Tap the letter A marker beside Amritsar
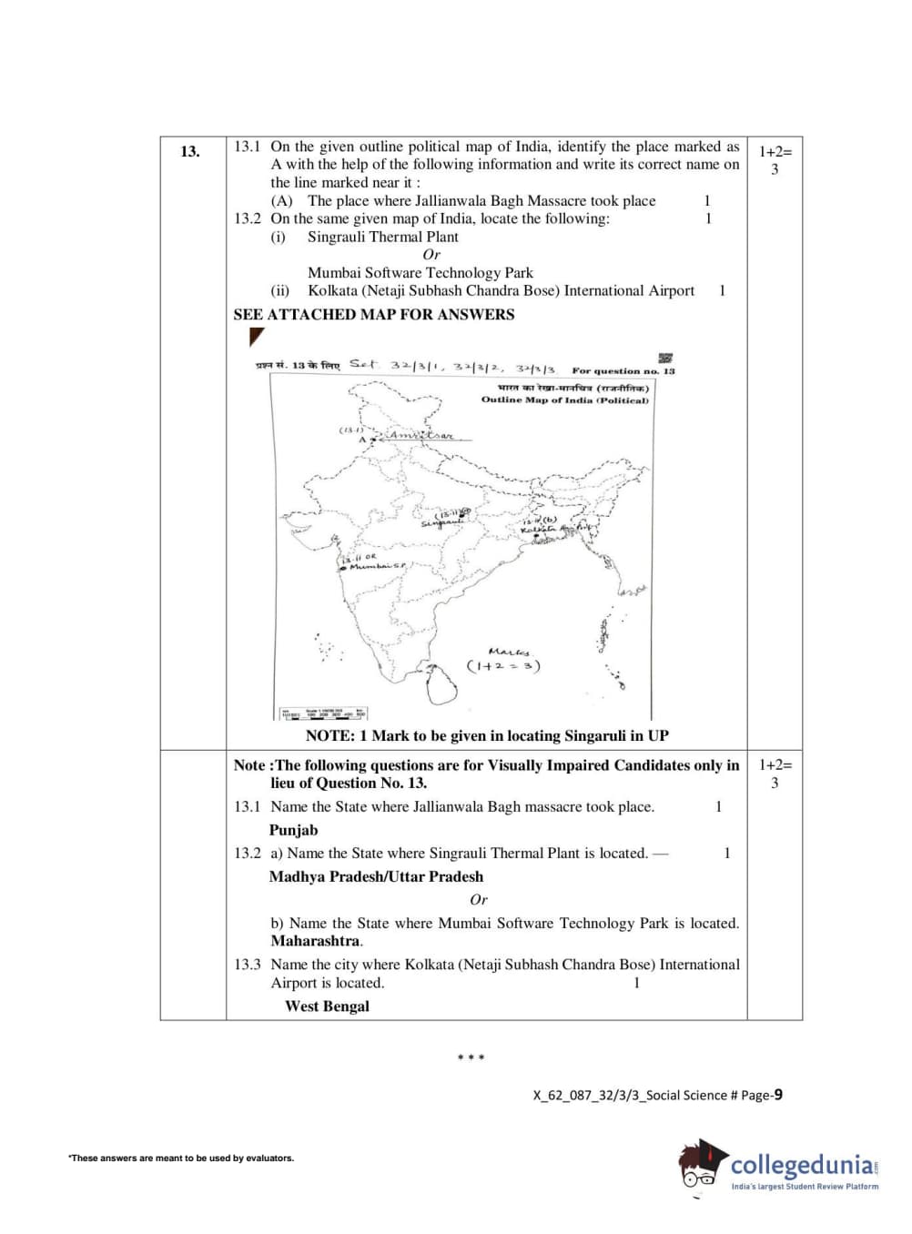click(361, 440)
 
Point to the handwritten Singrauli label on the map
click(441, 523)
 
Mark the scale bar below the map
click(324, 713)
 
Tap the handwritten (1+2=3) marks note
click(503, 665)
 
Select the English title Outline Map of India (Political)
click(564, 400)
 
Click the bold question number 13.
click(189, 151)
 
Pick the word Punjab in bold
click(293, 830)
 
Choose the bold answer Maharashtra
click(315, 941)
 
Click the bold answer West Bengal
click(327, 1006)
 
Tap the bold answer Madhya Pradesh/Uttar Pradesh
click(376, 876)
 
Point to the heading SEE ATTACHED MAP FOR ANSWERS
click(373, 315)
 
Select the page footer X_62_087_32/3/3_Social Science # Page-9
click(657, 1095)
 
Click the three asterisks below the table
click(471, 1057)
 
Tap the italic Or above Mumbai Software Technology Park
click(431, 255)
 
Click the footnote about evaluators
click(181, 1158)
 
